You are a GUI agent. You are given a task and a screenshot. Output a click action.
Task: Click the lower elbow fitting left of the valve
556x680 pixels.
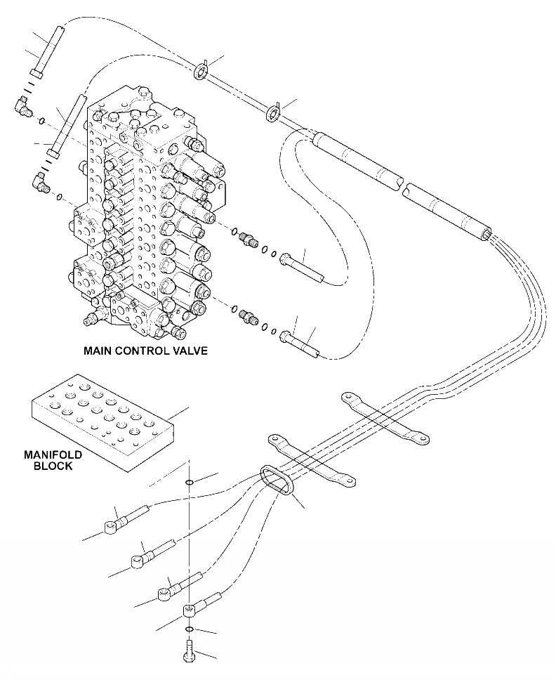39,183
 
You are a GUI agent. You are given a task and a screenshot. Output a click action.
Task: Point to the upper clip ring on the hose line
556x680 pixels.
201,72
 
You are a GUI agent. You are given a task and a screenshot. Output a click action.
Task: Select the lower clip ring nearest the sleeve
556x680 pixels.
273,112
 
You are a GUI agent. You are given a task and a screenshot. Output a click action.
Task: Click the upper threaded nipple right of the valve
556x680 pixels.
246,240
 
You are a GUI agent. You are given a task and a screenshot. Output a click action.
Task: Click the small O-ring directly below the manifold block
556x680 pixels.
189,483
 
